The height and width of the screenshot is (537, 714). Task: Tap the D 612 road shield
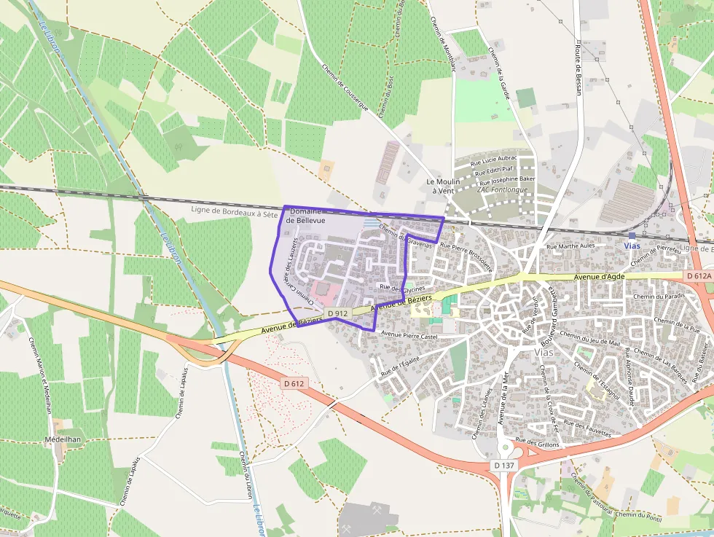tap(294, 383)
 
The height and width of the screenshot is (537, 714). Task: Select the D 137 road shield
tap(503, 465)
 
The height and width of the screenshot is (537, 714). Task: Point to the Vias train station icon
tap(632, 236)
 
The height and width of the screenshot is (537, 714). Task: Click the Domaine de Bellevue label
tap(306, 215)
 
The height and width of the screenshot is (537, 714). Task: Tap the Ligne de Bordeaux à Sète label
tap(234, 211)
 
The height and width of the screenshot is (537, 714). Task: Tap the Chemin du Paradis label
tap(659, 297)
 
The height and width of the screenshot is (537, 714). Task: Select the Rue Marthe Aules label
tap(570, 246)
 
